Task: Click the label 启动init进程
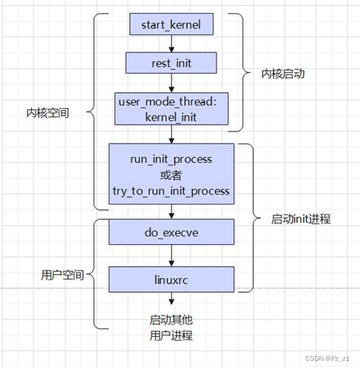[300, 219]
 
